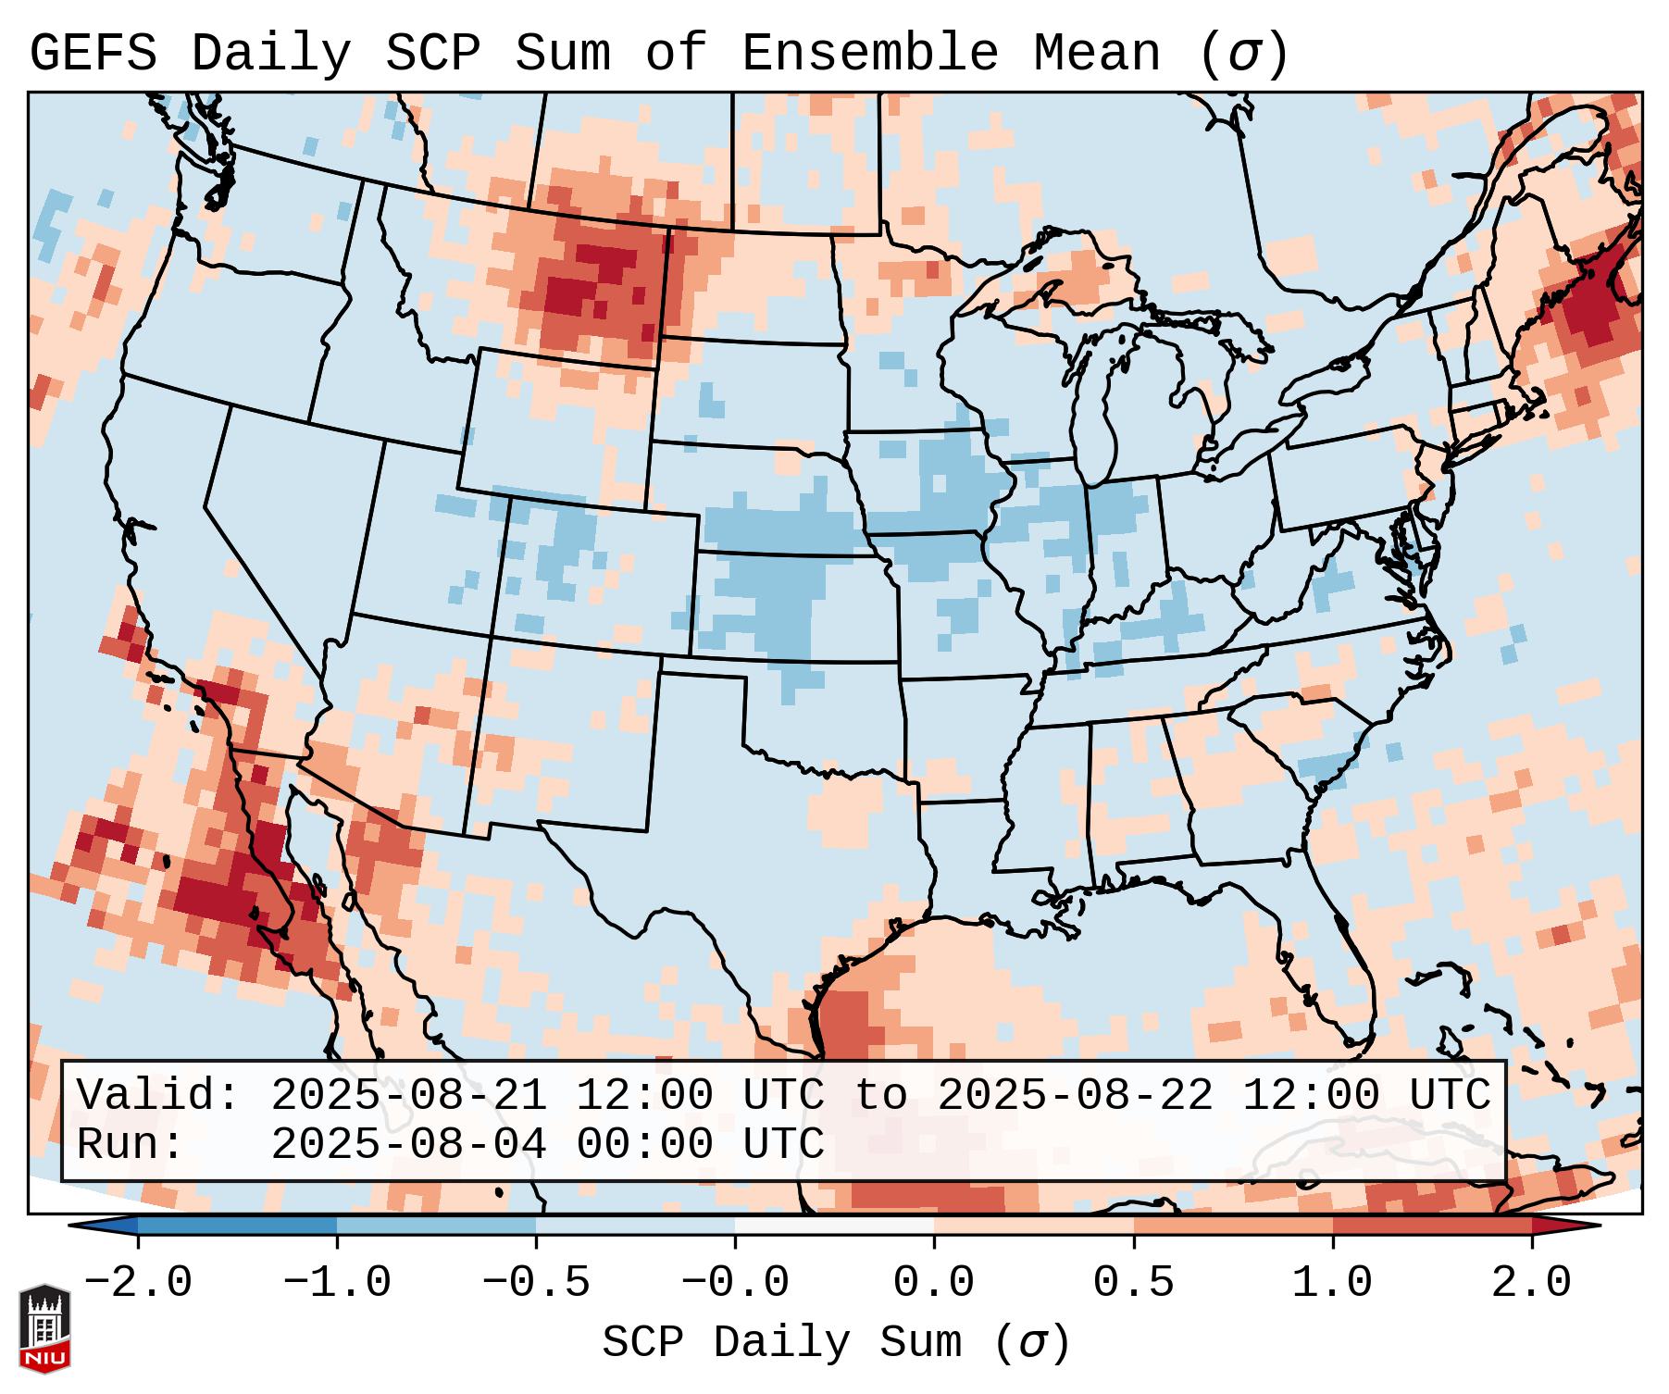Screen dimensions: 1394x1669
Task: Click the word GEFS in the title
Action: (x=93, y=54)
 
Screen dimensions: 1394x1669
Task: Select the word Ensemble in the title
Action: (x=870, y=54)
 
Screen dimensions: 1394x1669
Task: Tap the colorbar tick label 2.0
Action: (x=1531, y=1283)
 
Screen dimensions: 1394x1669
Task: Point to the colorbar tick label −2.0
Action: (x=138, y=1283)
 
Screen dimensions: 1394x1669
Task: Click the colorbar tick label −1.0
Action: (x=337, y=1283)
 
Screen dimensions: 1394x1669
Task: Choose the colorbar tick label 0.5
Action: (x=1133, y=1283)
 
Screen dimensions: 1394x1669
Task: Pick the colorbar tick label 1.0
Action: (x=1332, y=1283)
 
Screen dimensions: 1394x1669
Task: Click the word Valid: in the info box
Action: (x=158, y=1096)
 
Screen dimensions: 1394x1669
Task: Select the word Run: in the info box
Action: (x=131, y=1144)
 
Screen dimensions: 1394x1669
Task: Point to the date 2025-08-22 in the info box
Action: (x=1075, y=1096)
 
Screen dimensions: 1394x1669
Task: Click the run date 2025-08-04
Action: (x=408, y=1144)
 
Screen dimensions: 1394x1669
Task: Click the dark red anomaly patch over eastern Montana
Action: (x=592, y=278)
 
